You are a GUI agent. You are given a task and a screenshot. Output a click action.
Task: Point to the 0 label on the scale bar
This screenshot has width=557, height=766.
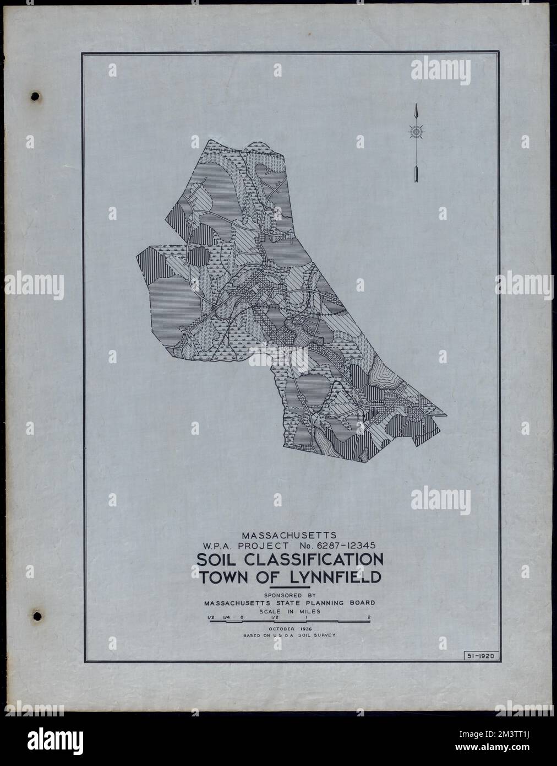click(x=242, y=617)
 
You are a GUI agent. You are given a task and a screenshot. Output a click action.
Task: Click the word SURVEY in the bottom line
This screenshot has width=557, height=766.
click(x=325, y=636)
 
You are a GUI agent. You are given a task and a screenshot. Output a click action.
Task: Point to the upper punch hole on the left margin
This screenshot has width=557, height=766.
click(x=36, y=96)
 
